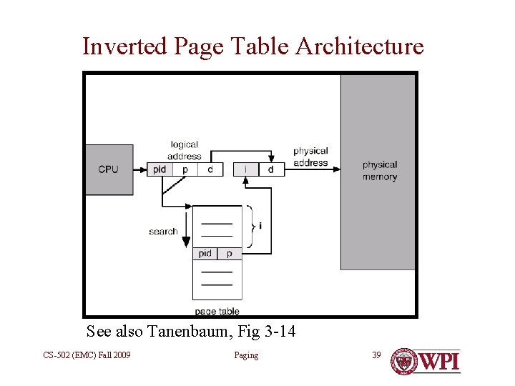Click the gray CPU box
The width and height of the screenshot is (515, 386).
[x=109, y=169]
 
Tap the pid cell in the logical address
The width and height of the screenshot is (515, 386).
[x=160, y=169]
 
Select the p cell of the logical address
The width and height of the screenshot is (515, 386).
[x=185, y=169]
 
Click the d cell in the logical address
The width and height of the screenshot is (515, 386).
[x=210, y=169]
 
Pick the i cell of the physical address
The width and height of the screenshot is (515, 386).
[x=246, y=169]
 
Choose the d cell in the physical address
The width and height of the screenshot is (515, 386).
[x=270, y=169]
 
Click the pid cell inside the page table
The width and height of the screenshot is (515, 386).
[x=205, y=253]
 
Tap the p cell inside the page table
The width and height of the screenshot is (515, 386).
[x=230, y=253]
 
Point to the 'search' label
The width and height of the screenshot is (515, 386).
[x=163, y=231]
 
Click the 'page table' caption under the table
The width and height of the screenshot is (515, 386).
[x=217, y=312]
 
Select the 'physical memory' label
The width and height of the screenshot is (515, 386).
[x=379, y=171]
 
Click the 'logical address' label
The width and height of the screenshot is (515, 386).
[x=185, y=150]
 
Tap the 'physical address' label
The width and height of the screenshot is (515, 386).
[x=310, y=157]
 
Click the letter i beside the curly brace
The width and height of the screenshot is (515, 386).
[x=260, y=226]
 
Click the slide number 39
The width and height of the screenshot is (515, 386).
[x=377, y=355]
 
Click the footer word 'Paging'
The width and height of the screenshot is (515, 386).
[x=246, y=355]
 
